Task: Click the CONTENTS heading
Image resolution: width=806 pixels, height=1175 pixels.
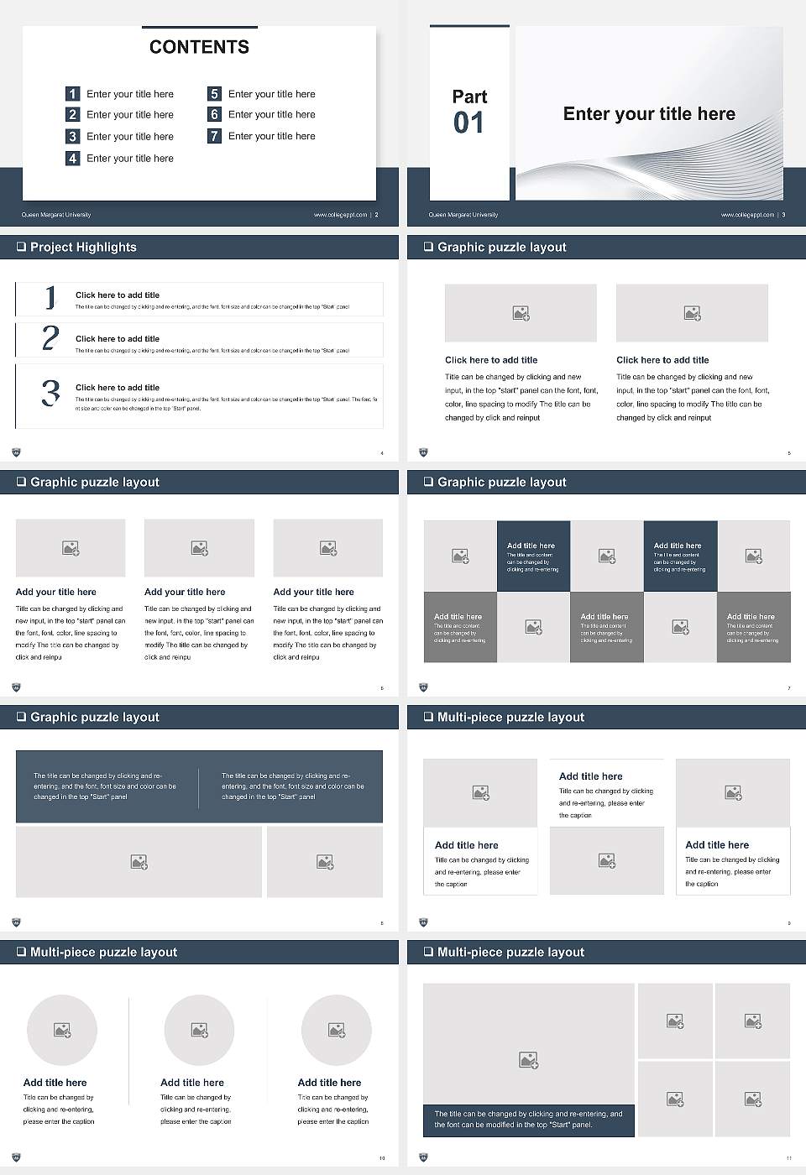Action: pyautogui.click(x=199, y=47)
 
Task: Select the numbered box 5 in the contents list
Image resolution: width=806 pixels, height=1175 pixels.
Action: pyautogui.click(x=214, y=94)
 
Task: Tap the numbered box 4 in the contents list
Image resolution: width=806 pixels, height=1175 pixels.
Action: pyautogui.click(x=72, y=158)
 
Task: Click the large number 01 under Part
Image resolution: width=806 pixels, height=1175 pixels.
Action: pyautogui.click(x=468, y=123)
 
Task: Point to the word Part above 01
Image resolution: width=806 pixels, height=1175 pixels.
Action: pyautogui.click(x=469, y=97)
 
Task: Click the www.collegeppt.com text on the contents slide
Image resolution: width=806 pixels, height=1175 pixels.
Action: pyautogui.click(x=340, y=215)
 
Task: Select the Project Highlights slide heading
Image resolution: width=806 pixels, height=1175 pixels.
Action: pyautogui.click(x=83, y=247)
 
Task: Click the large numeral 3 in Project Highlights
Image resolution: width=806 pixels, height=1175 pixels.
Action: pyautogui.click(x=50, y=393)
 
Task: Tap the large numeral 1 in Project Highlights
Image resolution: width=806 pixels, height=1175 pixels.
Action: pyautogui.click(x=50, y=297)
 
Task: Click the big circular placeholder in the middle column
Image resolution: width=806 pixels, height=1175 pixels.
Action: pyautogui.click(x=199, y=1030)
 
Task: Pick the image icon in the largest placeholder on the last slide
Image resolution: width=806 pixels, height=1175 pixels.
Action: pyautogui.click(x=528, y=1061)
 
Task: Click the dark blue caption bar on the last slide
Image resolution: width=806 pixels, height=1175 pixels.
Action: pyautogui.click(x=528, y=1120)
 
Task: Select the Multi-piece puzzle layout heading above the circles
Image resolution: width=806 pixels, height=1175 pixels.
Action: pyautogui.click(x=103, y=952)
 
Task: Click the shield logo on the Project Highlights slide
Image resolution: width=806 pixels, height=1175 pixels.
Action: pyautogui.click(x=16, y=452)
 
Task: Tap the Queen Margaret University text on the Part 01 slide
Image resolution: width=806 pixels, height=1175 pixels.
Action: pyautogui.click(x=463, y=215)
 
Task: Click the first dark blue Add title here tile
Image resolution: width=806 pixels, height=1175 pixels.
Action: pyautogui.click(x=533, y=556)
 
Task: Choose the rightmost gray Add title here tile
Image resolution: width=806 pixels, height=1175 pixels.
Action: pyautogui.click(x=753, y=627)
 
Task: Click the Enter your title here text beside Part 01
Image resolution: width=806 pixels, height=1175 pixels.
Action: pyautogui.click(x=649, y=114)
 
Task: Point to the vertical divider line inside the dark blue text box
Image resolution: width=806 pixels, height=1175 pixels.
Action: pyautogui.click(x=199, y=787)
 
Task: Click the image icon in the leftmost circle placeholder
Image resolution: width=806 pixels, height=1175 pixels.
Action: pyautogui.click(x=62, y=1030)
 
